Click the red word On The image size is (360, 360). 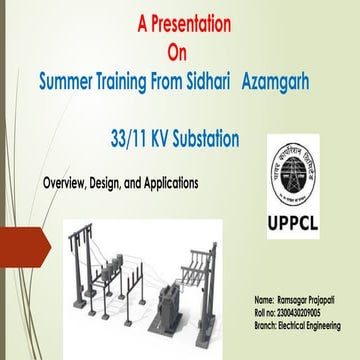point(177,48)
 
